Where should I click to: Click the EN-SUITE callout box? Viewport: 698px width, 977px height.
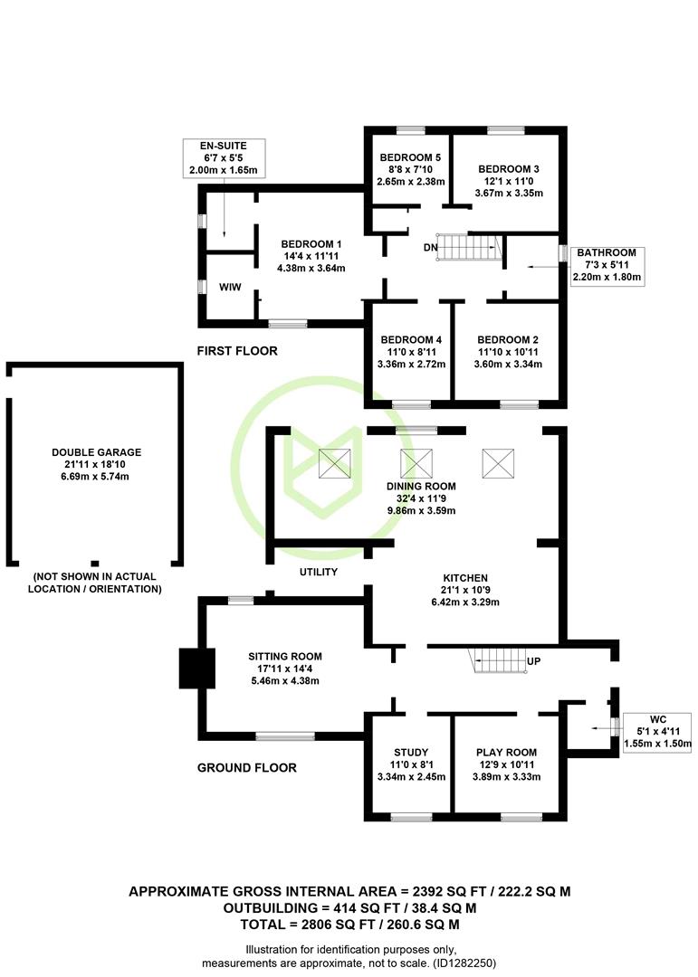tap(224, 158)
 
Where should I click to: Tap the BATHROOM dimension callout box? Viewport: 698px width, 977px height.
tap(607, 266)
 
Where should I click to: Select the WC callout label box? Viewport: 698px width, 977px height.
tap(657, 732)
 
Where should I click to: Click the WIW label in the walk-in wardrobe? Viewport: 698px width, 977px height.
tap(230, 288)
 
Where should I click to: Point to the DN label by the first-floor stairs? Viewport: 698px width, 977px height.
tap(430, 248)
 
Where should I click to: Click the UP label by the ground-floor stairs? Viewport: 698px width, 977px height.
tap(533, 661)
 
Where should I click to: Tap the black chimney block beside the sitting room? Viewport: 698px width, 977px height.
tap(197, 669)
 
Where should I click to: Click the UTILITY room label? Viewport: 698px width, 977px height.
tap(318, 572)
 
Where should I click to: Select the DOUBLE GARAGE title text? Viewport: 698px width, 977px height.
tap(97, 452)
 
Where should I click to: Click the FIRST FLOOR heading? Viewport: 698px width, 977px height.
tap(237, 351)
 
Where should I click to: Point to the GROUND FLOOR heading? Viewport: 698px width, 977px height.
tap(247, 768)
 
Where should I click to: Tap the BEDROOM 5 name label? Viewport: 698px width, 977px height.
tap(410, 157)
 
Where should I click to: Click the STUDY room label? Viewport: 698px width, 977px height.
tap(411, 753)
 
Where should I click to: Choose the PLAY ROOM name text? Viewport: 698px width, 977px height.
tap(506, 753)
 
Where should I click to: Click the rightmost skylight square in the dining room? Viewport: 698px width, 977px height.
tap(499, 463)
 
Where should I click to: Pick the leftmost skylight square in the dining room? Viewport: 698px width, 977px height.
tap(335, 463)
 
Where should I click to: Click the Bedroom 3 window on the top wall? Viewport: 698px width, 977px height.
tap(506, 130)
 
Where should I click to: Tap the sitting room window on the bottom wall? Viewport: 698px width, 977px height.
tap(285, 736)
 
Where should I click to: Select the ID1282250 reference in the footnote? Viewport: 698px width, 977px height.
tap(464, 963)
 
